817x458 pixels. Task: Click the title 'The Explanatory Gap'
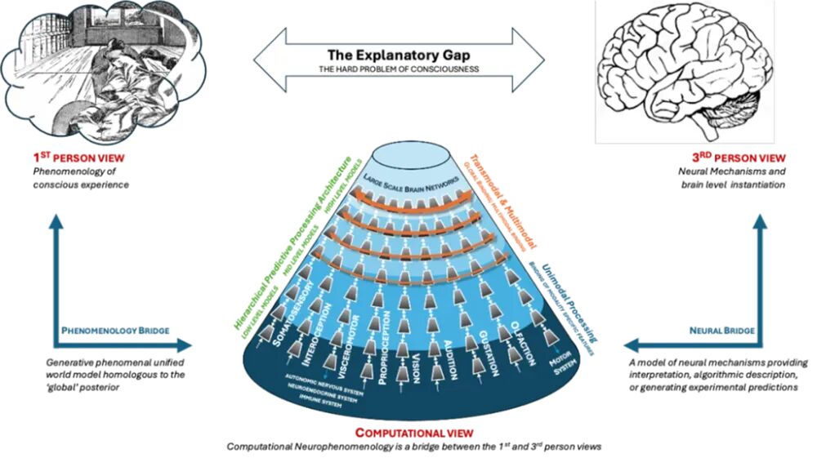pyautogui.click(x=399, y=52)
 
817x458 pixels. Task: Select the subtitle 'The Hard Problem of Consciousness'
pyautogui.click(x=399, y=69)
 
